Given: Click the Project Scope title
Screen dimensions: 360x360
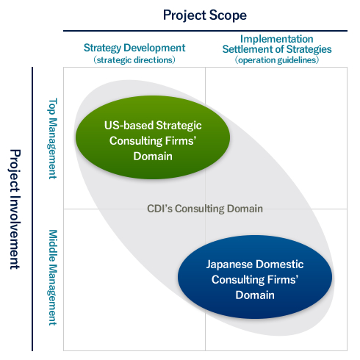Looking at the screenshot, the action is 205,15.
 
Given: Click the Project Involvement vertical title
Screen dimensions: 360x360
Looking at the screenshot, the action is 15,209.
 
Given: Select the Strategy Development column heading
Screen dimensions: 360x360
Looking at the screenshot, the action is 134,48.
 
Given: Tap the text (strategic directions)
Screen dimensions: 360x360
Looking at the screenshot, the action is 134,60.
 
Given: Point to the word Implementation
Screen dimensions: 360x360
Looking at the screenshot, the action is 277,39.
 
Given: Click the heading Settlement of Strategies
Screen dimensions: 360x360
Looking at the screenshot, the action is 277,49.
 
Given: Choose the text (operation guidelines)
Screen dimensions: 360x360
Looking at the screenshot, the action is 277,60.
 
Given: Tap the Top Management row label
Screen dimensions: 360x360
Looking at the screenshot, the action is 52,139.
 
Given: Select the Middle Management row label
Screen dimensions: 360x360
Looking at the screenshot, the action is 52,278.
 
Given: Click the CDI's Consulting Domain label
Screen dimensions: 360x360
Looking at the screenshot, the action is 205,209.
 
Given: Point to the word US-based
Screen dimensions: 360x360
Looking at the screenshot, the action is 129,126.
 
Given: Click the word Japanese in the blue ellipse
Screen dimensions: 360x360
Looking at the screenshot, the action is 229,264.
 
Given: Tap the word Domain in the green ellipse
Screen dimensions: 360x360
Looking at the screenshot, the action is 153,156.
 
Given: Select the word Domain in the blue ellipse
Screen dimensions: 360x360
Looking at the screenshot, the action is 255,295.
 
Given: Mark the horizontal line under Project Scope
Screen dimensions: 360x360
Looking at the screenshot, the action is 205,31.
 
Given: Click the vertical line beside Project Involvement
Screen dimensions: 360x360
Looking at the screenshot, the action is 32,209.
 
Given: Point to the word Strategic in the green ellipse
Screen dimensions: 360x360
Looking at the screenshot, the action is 179,126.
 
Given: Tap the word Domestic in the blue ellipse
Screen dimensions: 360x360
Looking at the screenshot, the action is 279,264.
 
